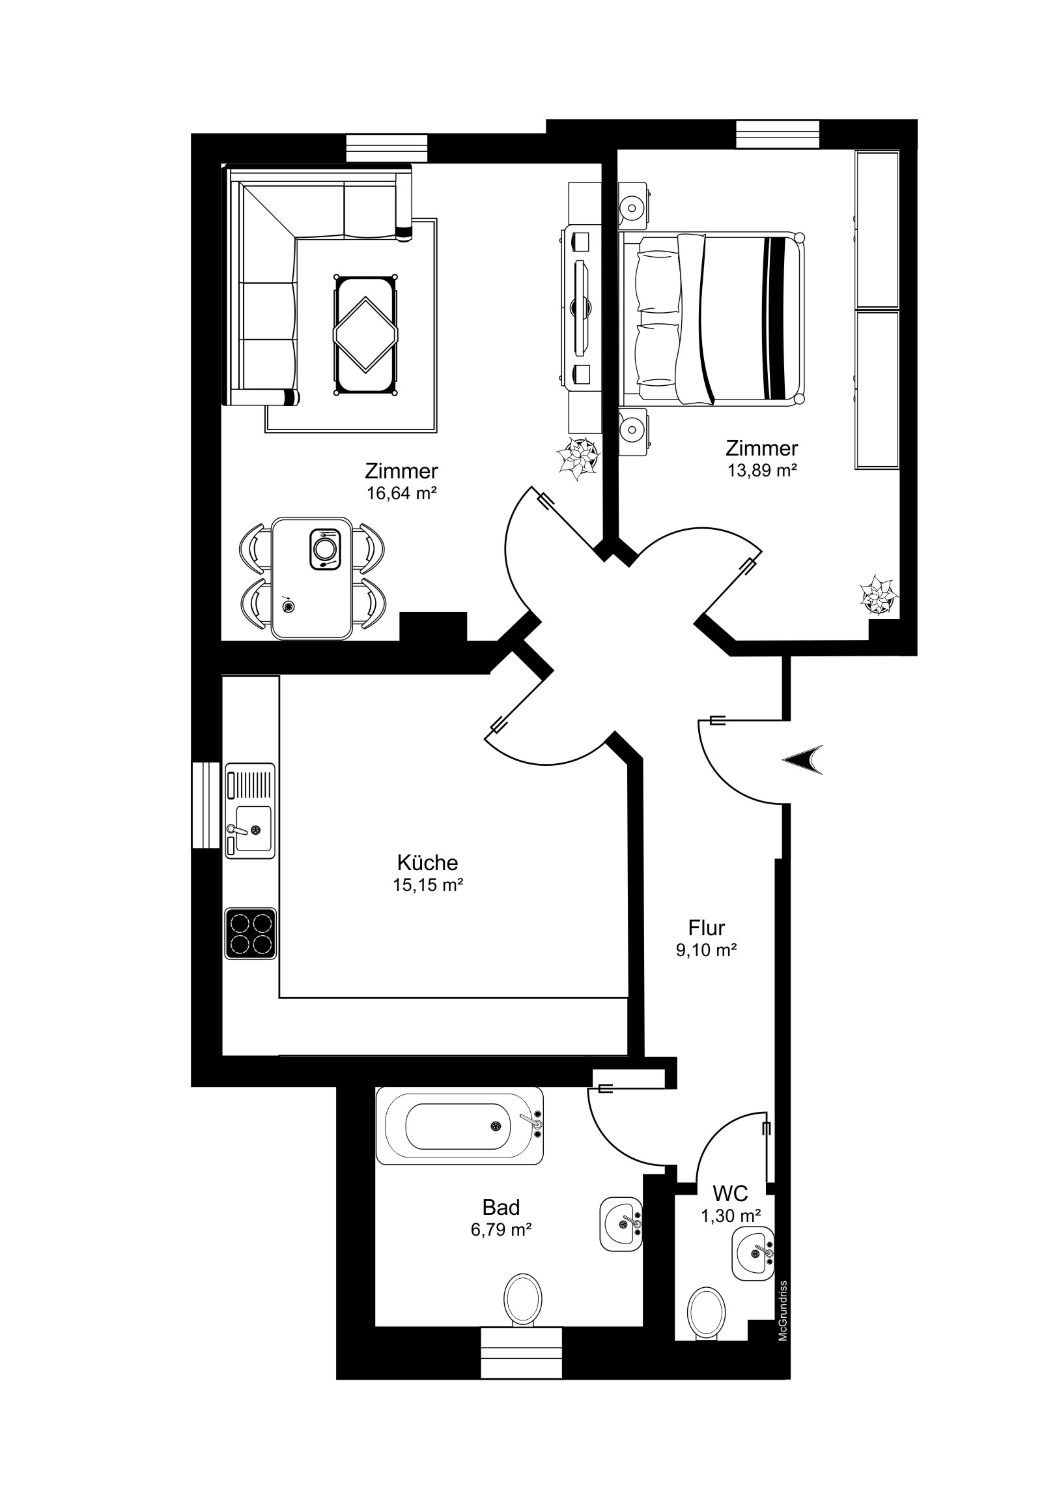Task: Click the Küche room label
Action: pos(427,862)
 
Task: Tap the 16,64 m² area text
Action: pos(401,493)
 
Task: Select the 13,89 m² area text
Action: pos(762,470)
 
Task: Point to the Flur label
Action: pos(707,927)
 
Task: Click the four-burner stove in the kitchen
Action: pos(250,933)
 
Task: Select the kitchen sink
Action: pos(250,810)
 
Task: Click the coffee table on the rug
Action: pos(365,334)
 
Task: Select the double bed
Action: pos(713,318)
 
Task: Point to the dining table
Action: pos(312,578)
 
